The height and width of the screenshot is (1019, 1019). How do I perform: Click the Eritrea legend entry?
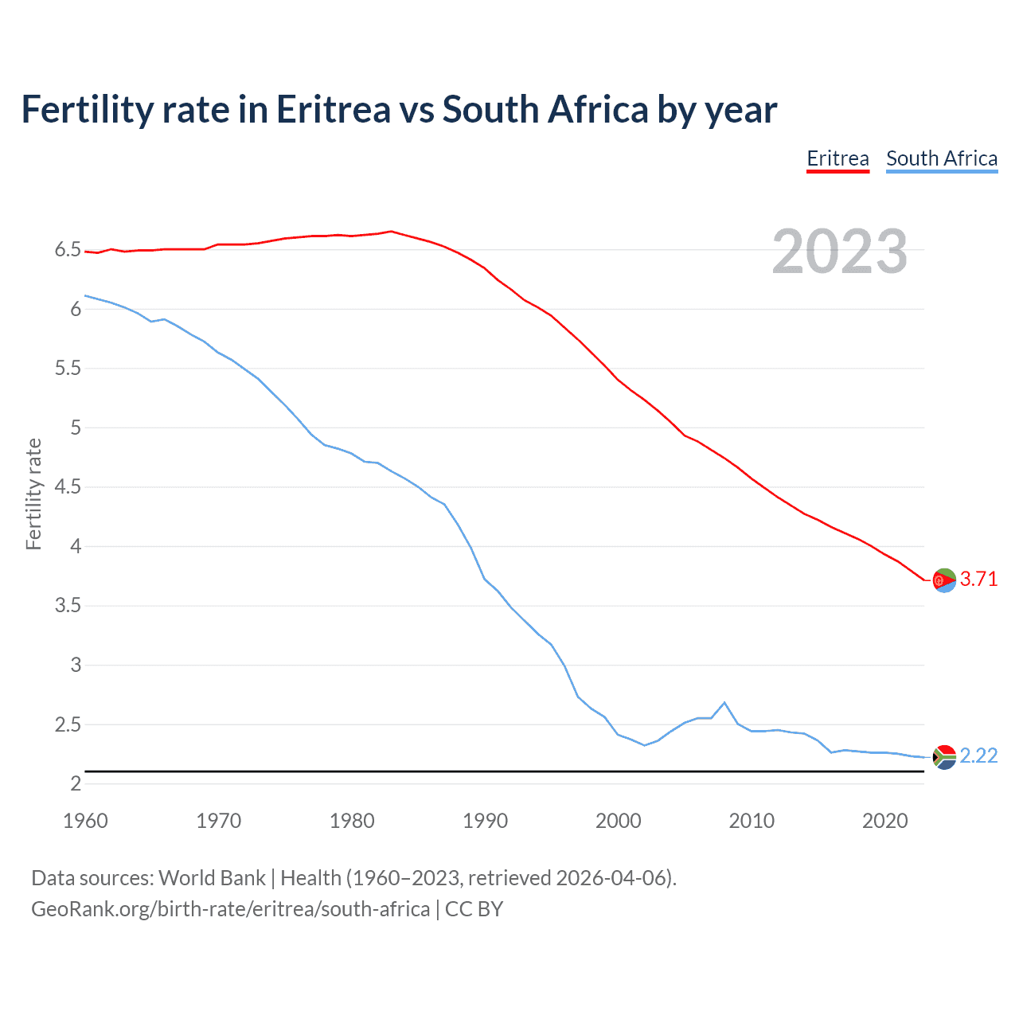(837, 158)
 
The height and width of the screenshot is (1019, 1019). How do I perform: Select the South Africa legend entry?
(941, 158)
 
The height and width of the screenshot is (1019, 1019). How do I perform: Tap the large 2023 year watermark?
(839, 252)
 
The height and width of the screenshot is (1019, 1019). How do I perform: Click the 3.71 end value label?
(978, 579)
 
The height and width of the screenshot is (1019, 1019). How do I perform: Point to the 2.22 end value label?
(978, 755)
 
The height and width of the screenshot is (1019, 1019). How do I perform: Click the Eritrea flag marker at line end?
(944, 580)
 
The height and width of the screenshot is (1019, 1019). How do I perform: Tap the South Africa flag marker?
(944, 757)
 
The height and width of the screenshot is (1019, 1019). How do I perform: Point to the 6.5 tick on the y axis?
(68, 250)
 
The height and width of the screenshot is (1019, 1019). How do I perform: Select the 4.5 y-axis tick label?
(68, 486)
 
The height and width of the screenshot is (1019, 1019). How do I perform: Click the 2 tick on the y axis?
(76, 783)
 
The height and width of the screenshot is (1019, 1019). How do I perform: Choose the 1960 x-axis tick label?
(85, 821)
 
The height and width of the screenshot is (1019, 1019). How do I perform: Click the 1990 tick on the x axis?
(485, 821)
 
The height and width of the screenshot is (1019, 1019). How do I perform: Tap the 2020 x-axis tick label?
(884, 821)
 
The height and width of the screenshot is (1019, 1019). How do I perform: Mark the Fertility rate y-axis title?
(33, 494)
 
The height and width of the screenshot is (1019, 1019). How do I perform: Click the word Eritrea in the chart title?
(333, 110)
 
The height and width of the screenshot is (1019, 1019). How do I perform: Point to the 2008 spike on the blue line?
(724, 703)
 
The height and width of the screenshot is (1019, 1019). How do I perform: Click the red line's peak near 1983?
(391, 232)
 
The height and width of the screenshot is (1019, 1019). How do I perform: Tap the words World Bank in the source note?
(212, 878)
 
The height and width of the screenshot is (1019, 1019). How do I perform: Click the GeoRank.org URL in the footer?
(230, 909)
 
